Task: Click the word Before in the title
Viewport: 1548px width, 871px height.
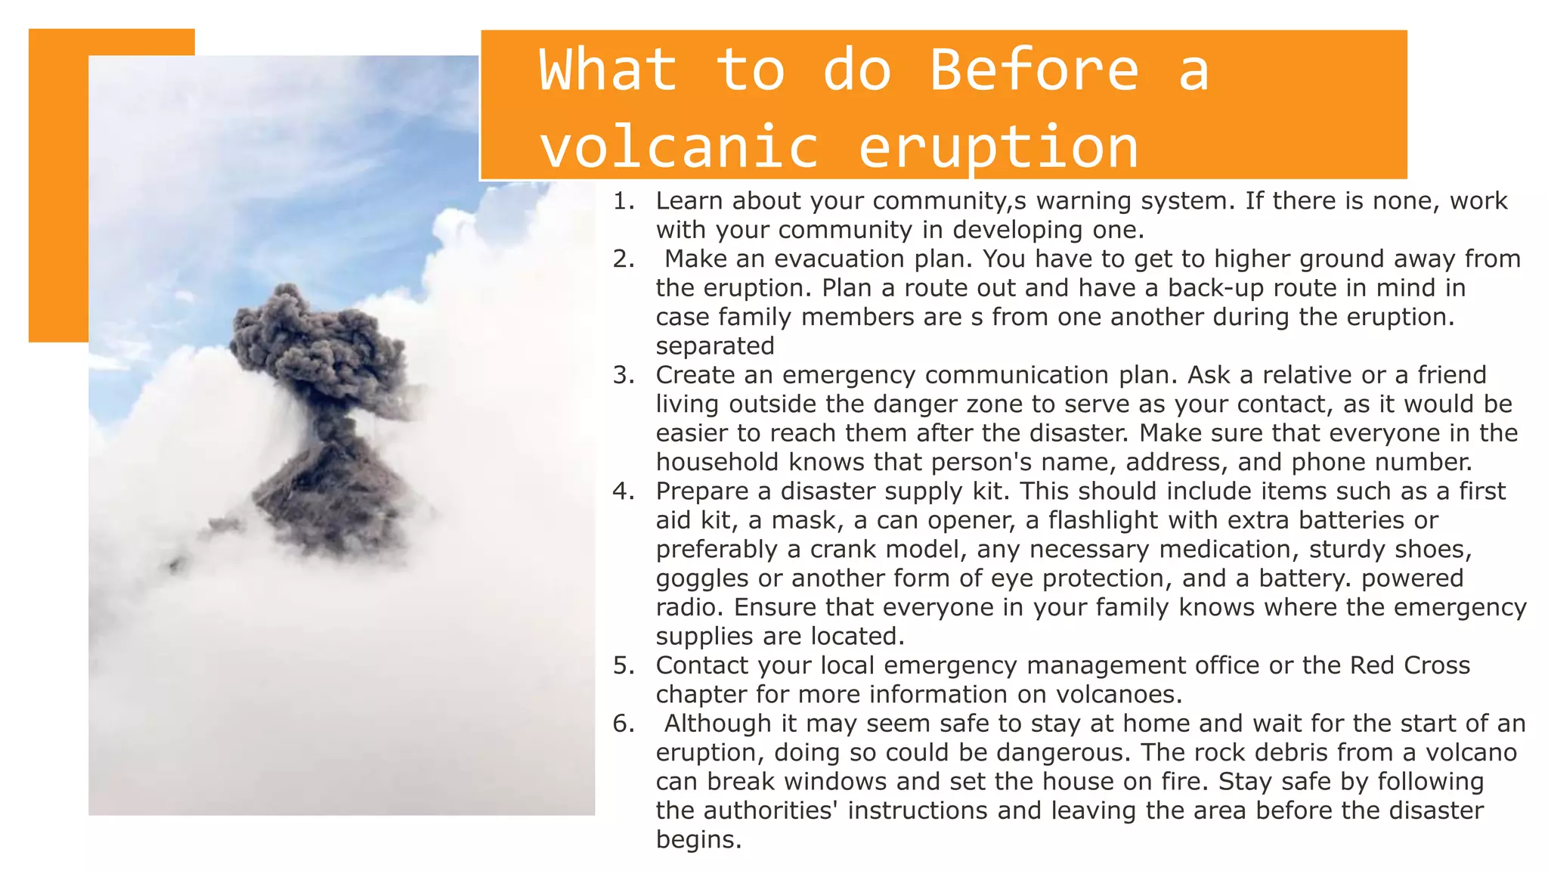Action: tap(1033, 70)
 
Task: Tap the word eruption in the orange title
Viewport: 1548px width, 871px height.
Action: tap(998, 147)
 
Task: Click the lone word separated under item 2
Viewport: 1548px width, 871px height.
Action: tap(714, 346)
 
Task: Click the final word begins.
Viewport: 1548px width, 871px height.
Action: tap(698, 839)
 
